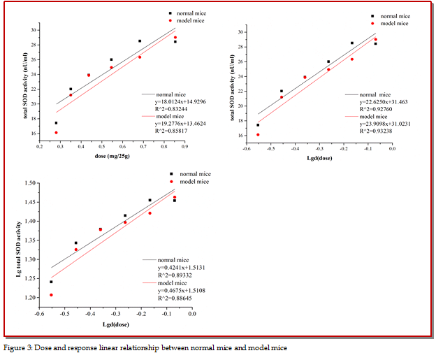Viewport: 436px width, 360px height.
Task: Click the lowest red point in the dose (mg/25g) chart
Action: [57, 132]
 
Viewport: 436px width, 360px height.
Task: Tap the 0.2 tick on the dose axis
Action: [41, 146]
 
